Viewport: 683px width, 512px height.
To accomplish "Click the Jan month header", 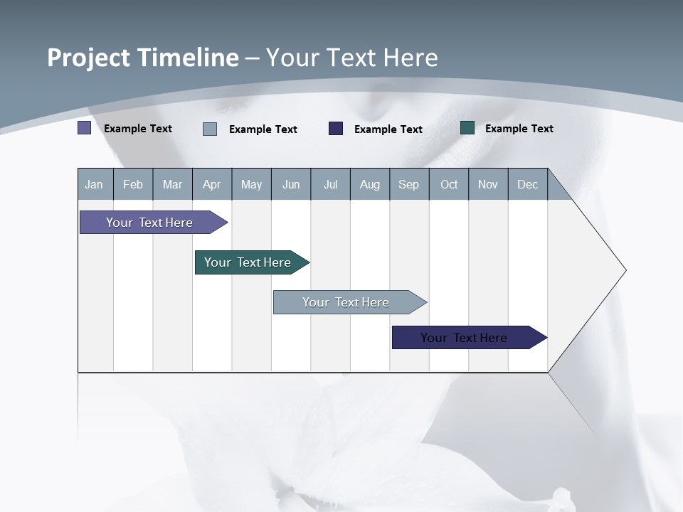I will point(95,184).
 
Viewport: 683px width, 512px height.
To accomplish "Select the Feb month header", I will point(133,184).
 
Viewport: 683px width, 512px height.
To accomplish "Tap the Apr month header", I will point(212,184).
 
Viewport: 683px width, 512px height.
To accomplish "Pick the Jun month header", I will point(291,184).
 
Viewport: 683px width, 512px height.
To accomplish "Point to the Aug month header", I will point(370,184).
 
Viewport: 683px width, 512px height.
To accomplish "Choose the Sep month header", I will point(409,184).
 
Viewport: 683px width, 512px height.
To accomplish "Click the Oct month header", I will point(449,184).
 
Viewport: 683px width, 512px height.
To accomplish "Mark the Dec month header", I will point(528,184).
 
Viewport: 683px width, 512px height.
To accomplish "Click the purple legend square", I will point(84,128).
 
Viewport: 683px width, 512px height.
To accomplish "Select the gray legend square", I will point(210,129).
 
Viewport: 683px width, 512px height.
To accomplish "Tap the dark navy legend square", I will point(336,129).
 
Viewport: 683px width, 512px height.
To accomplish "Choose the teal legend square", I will point(467,128).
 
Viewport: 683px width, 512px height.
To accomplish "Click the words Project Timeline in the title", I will point(142,58).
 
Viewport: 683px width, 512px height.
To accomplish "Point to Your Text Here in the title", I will point(352,58).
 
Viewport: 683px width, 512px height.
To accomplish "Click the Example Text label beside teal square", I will point(519,129).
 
